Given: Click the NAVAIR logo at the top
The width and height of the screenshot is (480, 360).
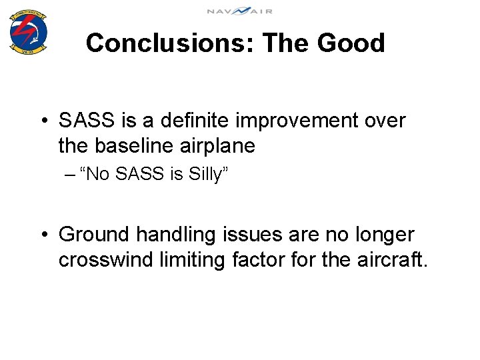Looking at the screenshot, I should [239, 11].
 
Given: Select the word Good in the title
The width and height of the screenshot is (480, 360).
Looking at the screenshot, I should [351, 43].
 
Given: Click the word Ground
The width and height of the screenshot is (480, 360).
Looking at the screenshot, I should [94, 235].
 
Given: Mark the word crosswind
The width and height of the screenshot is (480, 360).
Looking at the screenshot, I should [106, 259].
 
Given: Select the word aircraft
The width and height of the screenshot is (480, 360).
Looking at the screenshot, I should [392, 259].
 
